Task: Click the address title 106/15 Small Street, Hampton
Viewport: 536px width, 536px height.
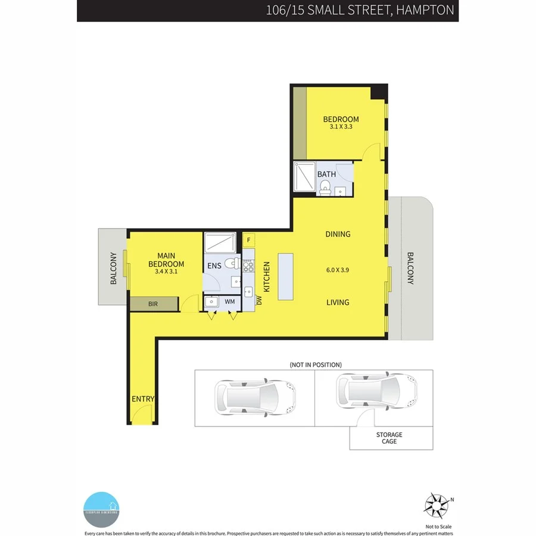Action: (x=361, y=10)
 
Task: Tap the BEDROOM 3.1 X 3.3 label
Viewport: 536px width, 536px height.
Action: (x=341, y=122)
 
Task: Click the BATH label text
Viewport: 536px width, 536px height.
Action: (x=326, y=174)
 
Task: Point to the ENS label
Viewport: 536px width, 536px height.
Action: (x=214, y=266)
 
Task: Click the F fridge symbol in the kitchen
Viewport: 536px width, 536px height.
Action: (x=249, y=240)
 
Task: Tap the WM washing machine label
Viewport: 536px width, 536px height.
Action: (x=229, y=302)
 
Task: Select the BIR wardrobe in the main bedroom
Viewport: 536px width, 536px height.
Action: (x=154, y=304)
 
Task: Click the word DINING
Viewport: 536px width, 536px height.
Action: (x=338, y=234)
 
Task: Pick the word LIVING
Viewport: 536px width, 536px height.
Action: (x=338, y=302)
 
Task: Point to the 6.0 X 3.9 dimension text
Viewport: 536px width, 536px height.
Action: (x=338, y=269)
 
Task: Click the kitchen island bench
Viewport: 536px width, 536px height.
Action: (x=285, y=277)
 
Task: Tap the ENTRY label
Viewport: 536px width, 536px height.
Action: (x=143, y=399)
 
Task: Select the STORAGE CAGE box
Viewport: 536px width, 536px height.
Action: (x=391, y=438)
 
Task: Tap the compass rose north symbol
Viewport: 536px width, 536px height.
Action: (x=437, y=506)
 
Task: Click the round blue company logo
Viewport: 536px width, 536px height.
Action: (x=102, y=509)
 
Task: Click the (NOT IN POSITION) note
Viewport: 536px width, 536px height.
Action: (x=315, y=364)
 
